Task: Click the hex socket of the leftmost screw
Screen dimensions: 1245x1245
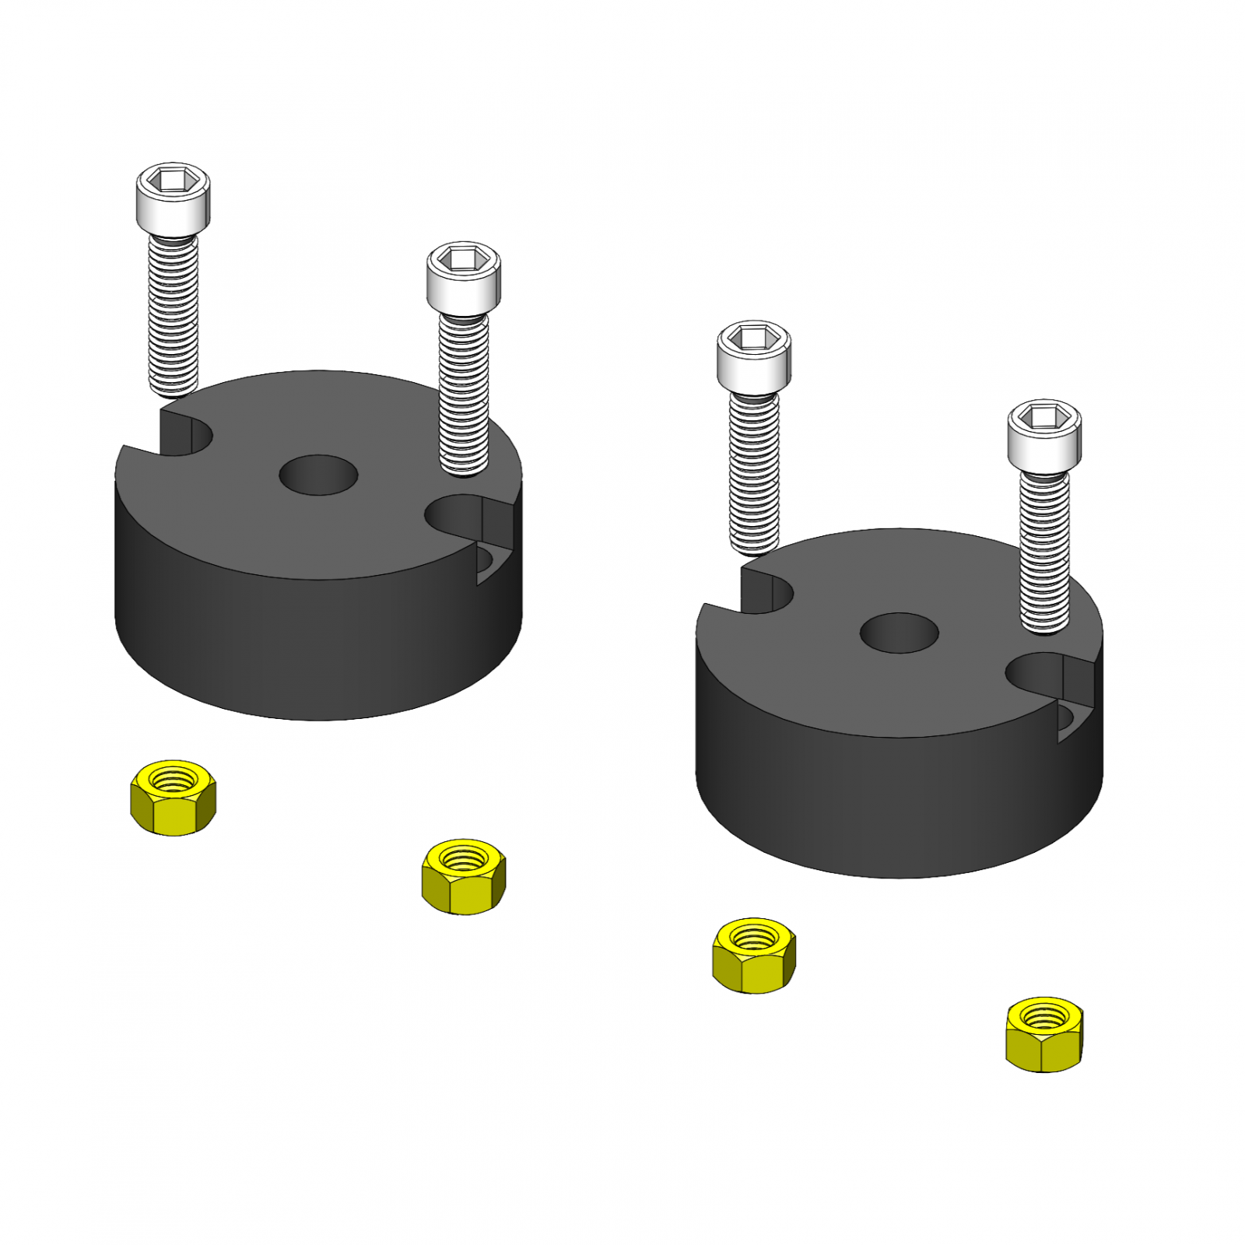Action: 173,182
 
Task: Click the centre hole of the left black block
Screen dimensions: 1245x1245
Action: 318,475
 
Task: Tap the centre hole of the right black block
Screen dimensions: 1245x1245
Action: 899,633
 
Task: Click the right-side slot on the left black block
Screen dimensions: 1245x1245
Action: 467,517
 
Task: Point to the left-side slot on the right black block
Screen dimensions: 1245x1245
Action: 766,592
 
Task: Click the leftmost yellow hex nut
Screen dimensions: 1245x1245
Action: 173,798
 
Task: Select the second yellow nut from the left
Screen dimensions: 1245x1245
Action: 464,876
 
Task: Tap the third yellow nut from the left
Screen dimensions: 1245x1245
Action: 753,955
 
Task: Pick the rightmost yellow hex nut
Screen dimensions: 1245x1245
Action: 1044,1034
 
